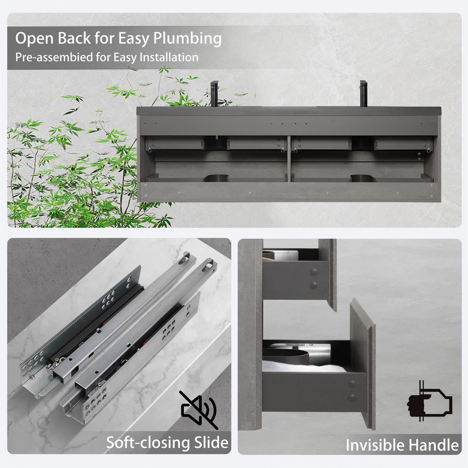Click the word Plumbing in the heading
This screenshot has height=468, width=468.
[187, 39]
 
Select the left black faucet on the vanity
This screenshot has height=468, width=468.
[215, 94]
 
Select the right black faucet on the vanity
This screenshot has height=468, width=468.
[364, 94]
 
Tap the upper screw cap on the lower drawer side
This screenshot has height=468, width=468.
[352, 384]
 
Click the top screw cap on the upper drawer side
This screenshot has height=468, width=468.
[314, 272]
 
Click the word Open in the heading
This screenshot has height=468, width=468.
[34, 39]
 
